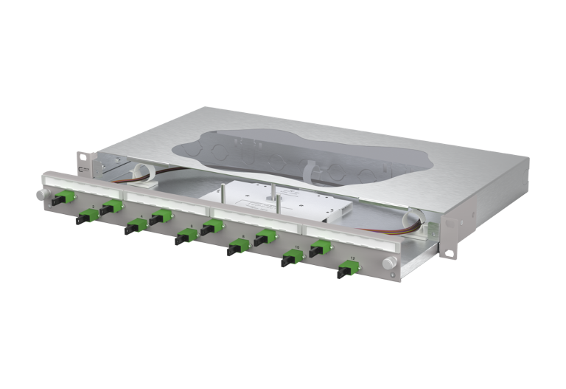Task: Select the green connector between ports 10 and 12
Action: [319, 249]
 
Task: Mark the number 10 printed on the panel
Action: [296, 247]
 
